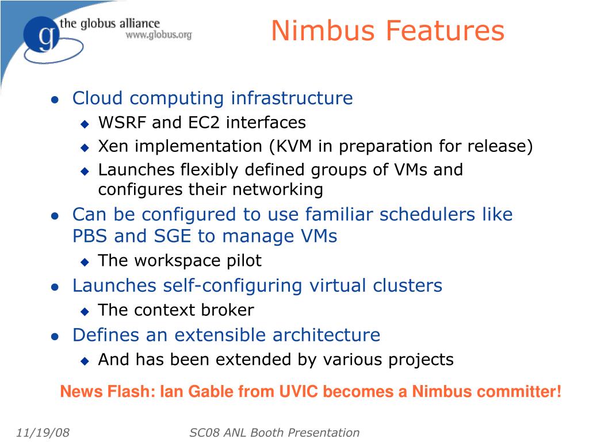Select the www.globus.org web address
point(159,35)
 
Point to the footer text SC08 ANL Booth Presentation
point(274,433)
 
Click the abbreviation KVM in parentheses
point(293,146)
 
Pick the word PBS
point(91,236)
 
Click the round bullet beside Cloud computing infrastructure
point(55,100)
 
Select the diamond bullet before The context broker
point(85,311)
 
